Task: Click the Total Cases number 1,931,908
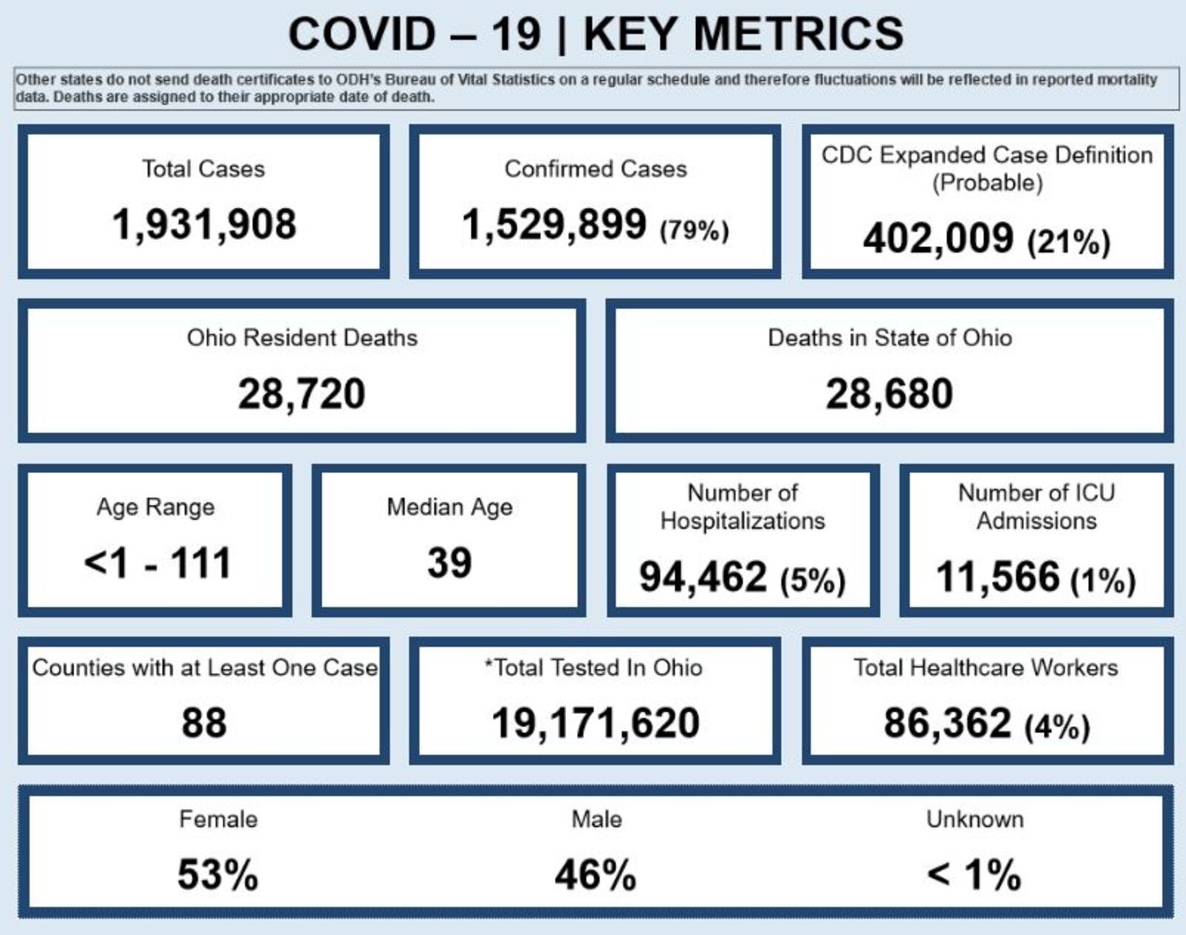pos(204,224)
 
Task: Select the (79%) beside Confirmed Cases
pos(695,231)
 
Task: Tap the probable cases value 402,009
pos(938,239)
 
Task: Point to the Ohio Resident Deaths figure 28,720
pos(302,394)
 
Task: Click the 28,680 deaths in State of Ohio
pos(889,394)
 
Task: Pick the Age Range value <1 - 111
pos(157,563)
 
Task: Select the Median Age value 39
pos(449,563)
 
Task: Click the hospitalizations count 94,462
pos(703,577)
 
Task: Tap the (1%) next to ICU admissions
pos(1103,580)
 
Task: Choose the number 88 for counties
pos(204,723)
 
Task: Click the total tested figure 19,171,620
pos(595,723)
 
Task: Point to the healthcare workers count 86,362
pos(947,723)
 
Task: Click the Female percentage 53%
pos(217,875)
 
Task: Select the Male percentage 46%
pos(595,875)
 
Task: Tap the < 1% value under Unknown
pos(974,875)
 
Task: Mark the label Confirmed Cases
pos(595,169)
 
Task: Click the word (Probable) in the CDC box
pos(987,182)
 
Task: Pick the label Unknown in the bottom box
pos(975,819)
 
